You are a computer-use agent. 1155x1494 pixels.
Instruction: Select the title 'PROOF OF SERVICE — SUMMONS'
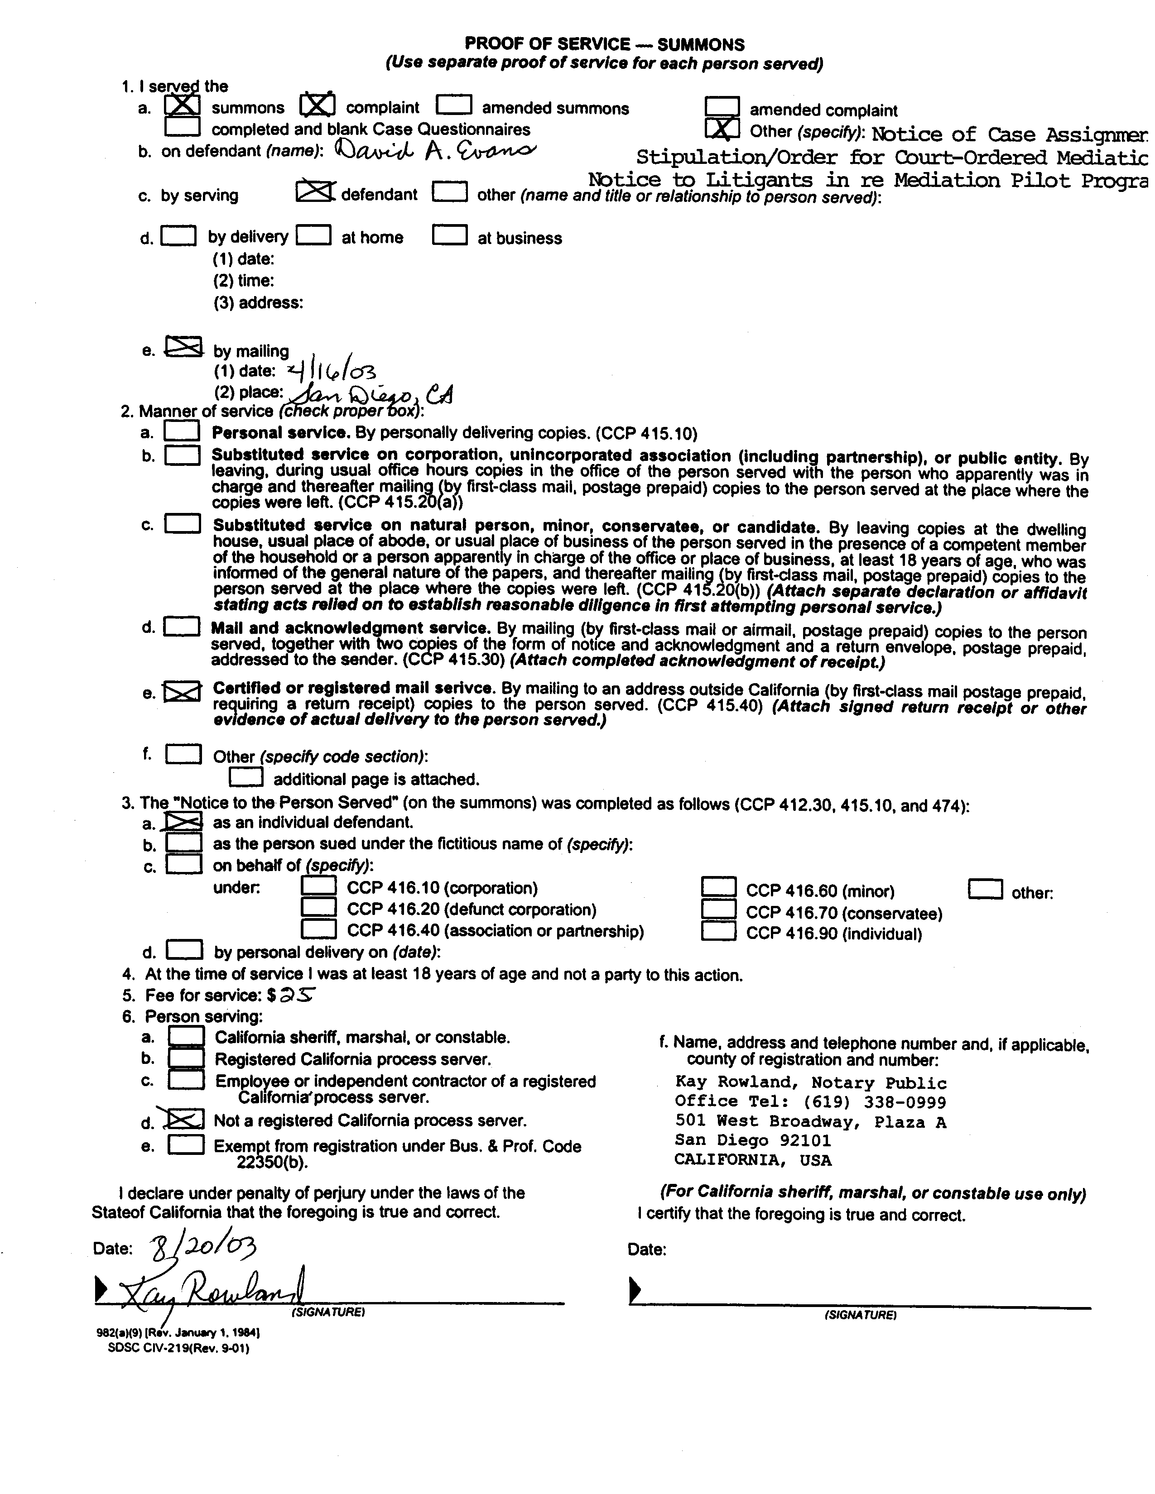point(604,44)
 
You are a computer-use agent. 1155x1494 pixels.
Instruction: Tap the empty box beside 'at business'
point(450,235)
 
